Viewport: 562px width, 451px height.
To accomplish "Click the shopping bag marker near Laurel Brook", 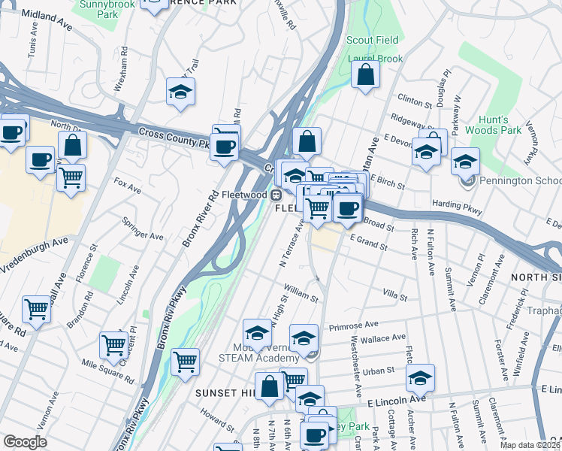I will [365, 75].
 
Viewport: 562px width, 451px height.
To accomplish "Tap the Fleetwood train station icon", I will [276, 195].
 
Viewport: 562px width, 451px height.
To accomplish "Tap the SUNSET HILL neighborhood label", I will [225, 393].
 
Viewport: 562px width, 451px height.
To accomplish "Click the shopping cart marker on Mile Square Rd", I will [113, 345].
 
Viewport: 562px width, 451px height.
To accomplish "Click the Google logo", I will [25, 442].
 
